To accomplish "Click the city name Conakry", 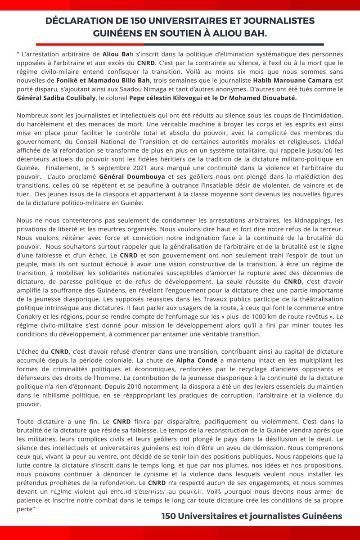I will coord(31,317).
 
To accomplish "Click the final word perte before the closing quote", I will coord(26,501).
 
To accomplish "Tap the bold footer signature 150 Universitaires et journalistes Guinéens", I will coord(252,516).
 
